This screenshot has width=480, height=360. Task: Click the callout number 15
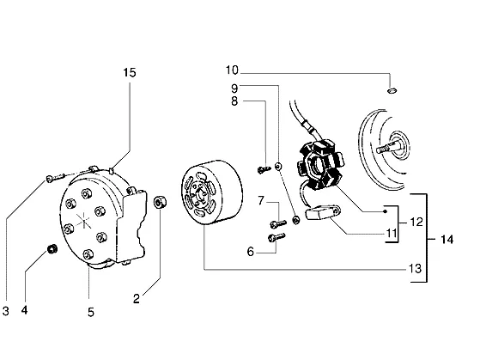(130, 73)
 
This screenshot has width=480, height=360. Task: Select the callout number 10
(232, 70)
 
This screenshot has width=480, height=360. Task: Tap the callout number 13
(416, 269)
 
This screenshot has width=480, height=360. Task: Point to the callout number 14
(447, 239)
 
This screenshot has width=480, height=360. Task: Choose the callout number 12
(416, 222)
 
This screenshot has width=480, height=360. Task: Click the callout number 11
(392, 234)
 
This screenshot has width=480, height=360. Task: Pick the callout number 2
(137, 299)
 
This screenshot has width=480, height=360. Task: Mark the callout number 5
(91, 312)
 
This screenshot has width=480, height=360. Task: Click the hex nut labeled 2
(160, 203)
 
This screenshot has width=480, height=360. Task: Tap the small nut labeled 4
(52, 249)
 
